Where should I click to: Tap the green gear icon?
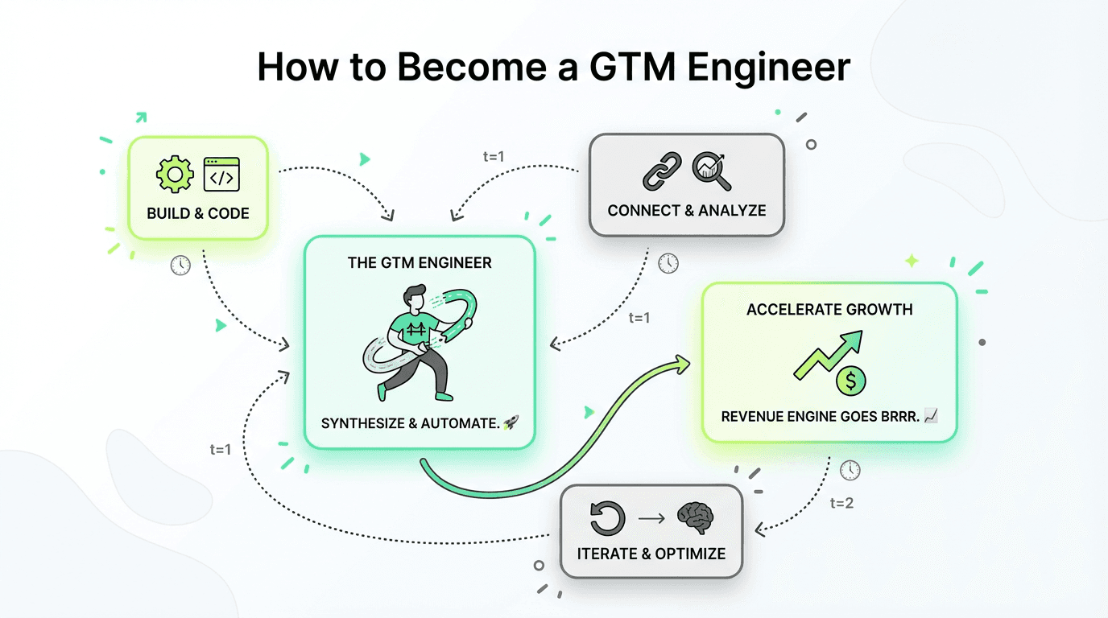point(175,175)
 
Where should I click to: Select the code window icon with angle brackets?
point(221,175)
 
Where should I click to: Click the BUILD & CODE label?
point(198,213)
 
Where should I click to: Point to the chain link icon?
point(662,171)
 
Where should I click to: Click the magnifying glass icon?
point(711,171)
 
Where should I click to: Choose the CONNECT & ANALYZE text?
point(687,211)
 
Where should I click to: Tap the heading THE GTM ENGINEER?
point(420,262)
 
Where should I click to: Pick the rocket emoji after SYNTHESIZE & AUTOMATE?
point(510,422)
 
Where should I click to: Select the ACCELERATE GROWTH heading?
point(829,310)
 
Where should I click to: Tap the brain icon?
point(695,518)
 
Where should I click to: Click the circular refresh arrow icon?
point(606,518)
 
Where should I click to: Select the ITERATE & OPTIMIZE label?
point(651,554)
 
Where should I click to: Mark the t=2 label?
point(841,504)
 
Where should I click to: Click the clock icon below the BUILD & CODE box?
point(180,265)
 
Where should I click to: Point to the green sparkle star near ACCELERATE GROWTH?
point(912,261)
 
